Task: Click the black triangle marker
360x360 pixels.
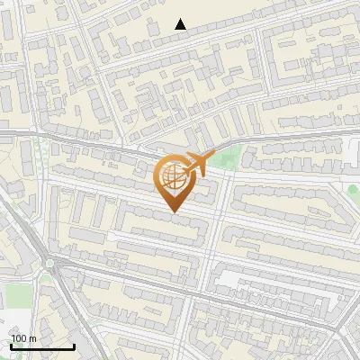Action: (181, 24)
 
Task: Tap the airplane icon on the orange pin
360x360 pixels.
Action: (195, 164)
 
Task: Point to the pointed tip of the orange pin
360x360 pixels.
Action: (172, 211)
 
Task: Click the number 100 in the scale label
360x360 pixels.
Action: (20, 338)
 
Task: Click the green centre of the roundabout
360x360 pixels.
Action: (50, 265)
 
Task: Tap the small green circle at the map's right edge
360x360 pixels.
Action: (353, 189)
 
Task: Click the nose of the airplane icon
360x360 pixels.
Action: (209, 157)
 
